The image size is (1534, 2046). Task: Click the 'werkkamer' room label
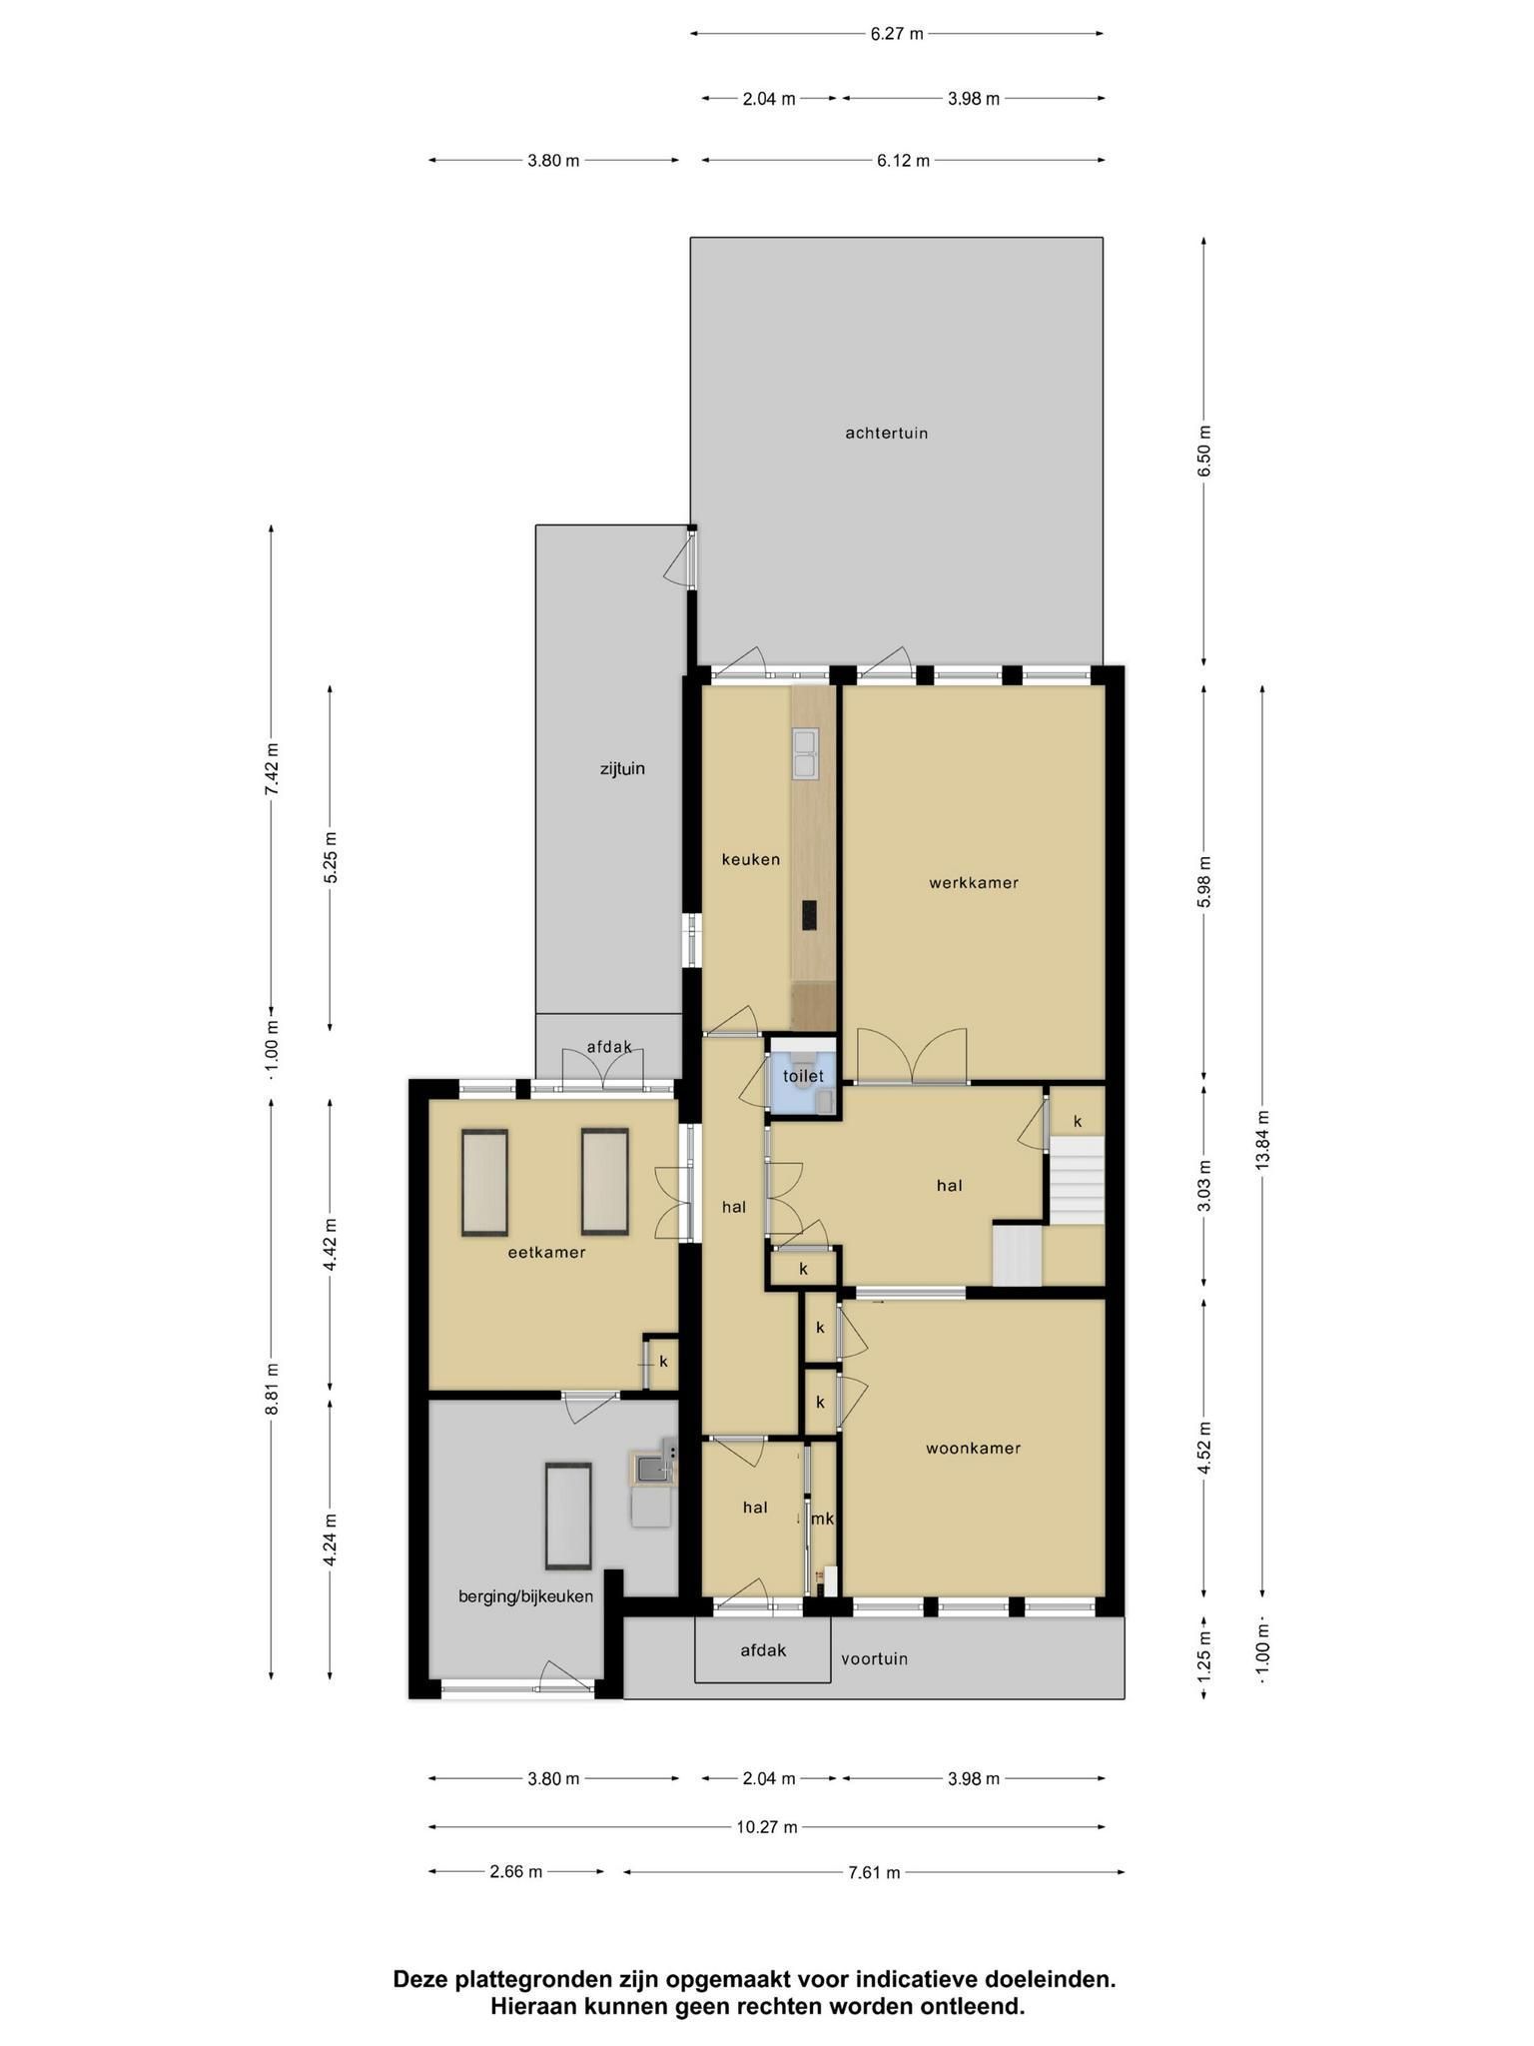tap(973, 883)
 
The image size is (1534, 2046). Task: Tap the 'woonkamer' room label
tap(973, 1448)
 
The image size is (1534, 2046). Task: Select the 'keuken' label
tap(751, 859)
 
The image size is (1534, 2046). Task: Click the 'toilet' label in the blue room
tap(803, 1076)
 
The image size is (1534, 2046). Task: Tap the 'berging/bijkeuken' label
tap(525, 1596)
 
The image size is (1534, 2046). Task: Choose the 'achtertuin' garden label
tap(887, 433)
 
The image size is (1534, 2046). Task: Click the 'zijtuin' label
tap(622, 769)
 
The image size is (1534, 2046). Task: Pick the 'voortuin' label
tap(874, 1658)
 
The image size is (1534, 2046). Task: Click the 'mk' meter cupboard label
tap(822, 1519)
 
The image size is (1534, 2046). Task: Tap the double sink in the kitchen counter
tap(805, 753)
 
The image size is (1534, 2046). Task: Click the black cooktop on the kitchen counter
tap(808, 915)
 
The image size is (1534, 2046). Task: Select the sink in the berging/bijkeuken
tap(652, 1468)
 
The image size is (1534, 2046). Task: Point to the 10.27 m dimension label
tap(767, 1827)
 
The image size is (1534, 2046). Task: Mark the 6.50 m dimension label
tap(1203, 452)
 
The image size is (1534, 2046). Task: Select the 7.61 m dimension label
tap(874, 1872)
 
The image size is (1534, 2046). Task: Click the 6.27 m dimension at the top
tap(897, 34)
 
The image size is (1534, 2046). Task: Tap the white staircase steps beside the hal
tap(1077, 1179)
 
